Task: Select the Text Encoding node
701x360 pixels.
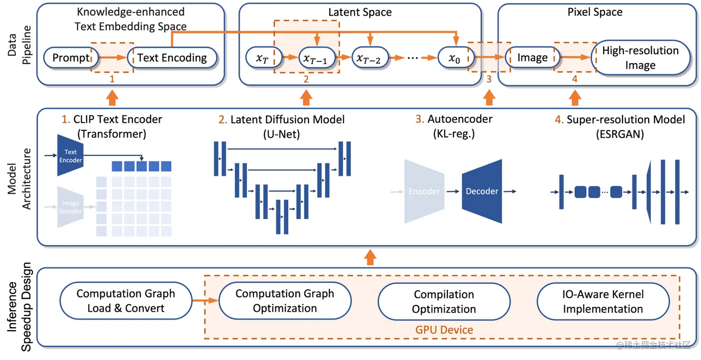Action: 172,58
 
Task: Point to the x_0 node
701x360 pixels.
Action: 455,58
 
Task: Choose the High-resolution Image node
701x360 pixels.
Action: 640,58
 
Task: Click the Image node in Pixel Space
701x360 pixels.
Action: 532,58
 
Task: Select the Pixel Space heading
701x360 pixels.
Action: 595,12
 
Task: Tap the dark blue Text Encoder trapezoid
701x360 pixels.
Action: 70,155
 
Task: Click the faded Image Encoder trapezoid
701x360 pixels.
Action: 70,207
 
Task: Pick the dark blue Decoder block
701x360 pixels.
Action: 482,191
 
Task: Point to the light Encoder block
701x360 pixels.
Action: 424,191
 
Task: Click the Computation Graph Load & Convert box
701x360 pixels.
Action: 126,301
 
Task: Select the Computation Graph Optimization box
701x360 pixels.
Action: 285,301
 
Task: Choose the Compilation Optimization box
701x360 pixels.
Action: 444,302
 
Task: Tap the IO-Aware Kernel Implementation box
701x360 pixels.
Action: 603,302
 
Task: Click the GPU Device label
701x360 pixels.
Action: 444,330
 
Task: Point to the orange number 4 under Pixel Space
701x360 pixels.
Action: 575,79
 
